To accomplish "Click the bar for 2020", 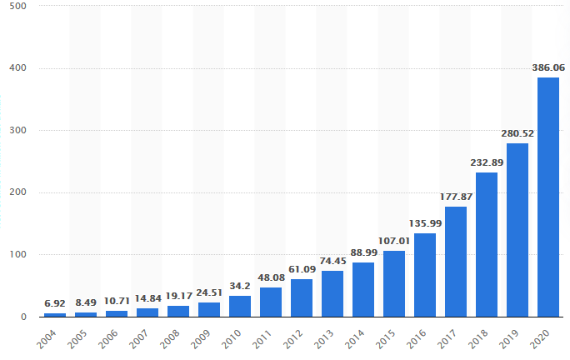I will click(547, 197).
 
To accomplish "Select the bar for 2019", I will click(517, 230).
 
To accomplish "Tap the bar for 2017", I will click(455, 262).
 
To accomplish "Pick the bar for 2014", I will click(362, 289).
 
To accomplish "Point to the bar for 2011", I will click(270, 302).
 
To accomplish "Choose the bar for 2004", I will click(54, 314).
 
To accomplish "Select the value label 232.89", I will click(486, 164).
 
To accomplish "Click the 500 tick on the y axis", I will click(18, 7).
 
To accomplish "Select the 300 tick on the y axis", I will click(18, 131).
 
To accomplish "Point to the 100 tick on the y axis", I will click(18, 255).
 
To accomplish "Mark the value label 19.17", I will click(177, 297).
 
